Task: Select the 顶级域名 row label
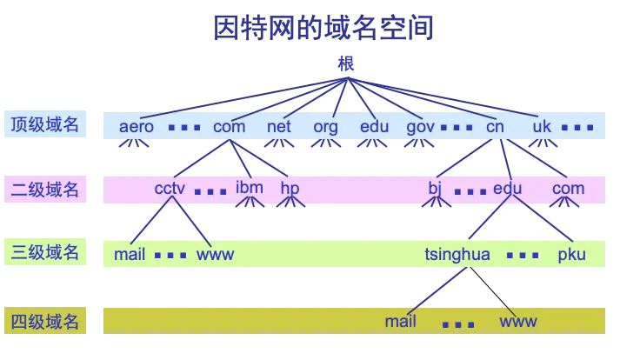click(44, 125)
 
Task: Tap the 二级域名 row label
click(44, 189)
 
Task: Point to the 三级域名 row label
click(44, 253)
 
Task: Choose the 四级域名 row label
click(44, 321)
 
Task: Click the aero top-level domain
click(137, 126)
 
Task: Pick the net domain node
click(279, 126)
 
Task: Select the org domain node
click(325, 126)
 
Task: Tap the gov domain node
click(421, 126)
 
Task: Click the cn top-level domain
click(495, 126)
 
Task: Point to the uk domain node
click(542, 126)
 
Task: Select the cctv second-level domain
click(170, 189)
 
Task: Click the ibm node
click(249, 187)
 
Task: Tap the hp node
click(290, 188)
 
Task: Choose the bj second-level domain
click(436, 188)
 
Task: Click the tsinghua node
click(457, 255)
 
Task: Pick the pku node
click(572, 255)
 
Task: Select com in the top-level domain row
click(229, 126)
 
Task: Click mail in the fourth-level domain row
click(400, 322)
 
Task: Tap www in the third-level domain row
click(216, 255)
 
